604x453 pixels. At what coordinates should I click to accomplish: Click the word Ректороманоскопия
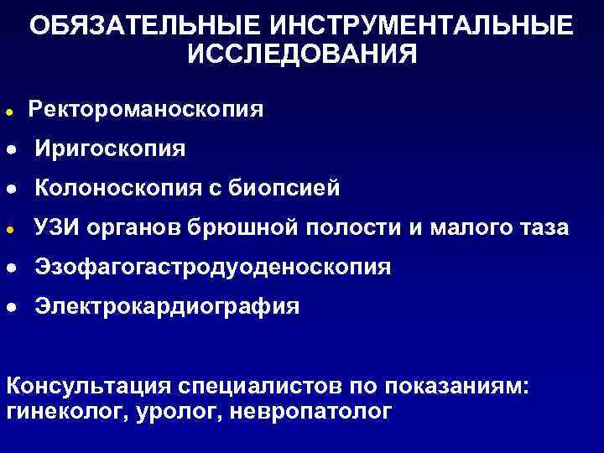(x=146, y=109)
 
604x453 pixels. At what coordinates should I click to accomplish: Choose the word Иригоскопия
(x=111, y=148)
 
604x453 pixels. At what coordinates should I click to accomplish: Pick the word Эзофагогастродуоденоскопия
(x=212, y=267)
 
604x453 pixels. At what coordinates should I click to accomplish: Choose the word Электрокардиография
(x=166, y=306)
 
